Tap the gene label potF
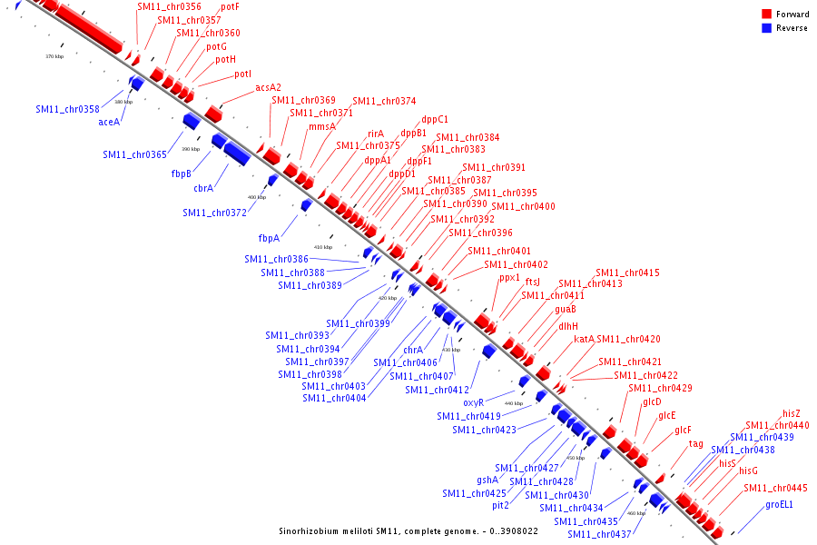point(230,6)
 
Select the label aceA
point(109,122)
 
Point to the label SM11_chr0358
point(68,109)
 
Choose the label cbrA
point(203,188)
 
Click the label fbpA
point(269,238)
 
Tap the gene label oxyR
point(479,401)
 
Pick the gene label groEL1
point(779,504)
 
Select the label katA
point(584,339)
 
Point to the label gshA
point(487,480)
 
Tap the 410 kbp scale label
point(323,247)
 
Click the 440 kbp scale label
point(513,403)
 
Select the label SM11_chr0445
point(776,489)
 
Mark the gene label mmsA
point(322,126)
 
